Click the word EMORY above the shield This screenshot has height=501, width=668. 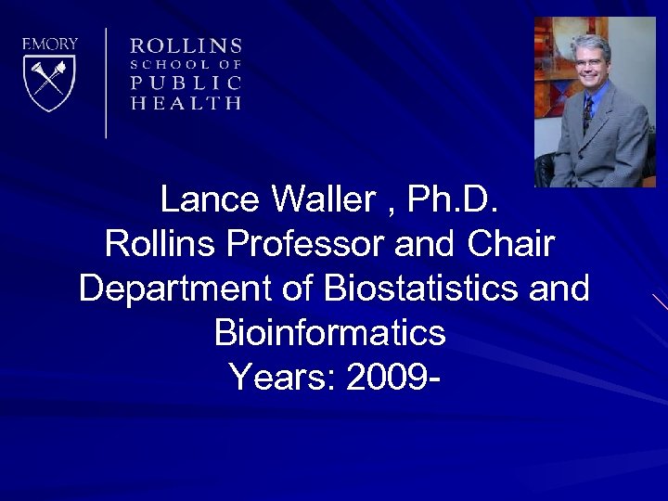tap(50, 44)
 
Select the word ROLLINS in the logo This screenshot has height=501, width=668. tap(186, 45)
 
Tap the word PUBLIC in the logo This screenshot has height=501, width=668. tap(186, 83)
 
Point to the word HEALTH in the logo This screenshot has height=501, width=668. tap(186, 103)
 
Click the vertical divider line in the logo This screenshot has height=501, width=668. tap(106, 83)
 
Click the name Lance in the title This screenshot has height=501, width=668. tap(210, 199)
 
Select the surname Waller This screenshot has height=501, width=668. tap(326, 199)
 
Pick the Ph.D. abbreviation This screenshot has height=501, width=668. tap(459, 199)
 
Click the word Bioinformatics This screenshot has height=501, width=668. tap(329, 332)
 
